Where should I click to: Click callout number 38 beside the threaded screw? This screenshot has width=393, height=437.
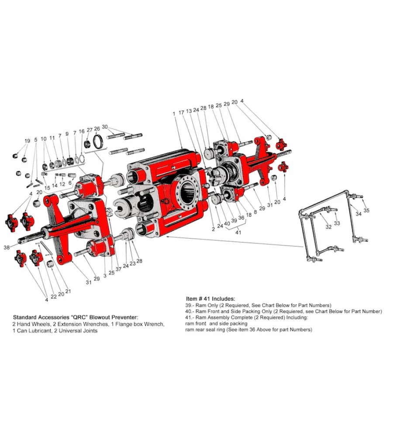[x=7, y=247]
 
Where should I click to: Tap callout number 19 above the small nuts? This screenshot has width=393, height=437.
[x=27, y=141]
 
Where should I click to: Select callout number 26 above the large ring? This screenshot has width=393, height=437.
[x=97, y=128]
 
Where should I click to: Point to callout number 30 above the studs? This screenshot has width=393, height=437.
[x=105, y=127]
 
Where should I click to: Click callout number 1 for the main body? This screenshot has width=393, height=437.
[x=174, y=113]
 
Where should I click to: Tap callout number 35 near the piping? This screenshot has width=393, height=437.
[x=366, y=211]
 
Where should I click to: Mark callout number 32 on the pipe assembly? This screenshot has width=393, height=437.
[x=328, y=227]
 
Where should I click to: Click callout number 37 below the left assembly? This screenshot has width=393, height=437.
[x=118, y=269]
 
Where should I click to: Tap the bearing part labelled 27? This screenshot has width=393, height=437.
[x=89, y=143]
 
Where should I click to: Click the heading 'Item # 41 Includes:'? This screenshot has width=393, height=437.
[x=210, y=298]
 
